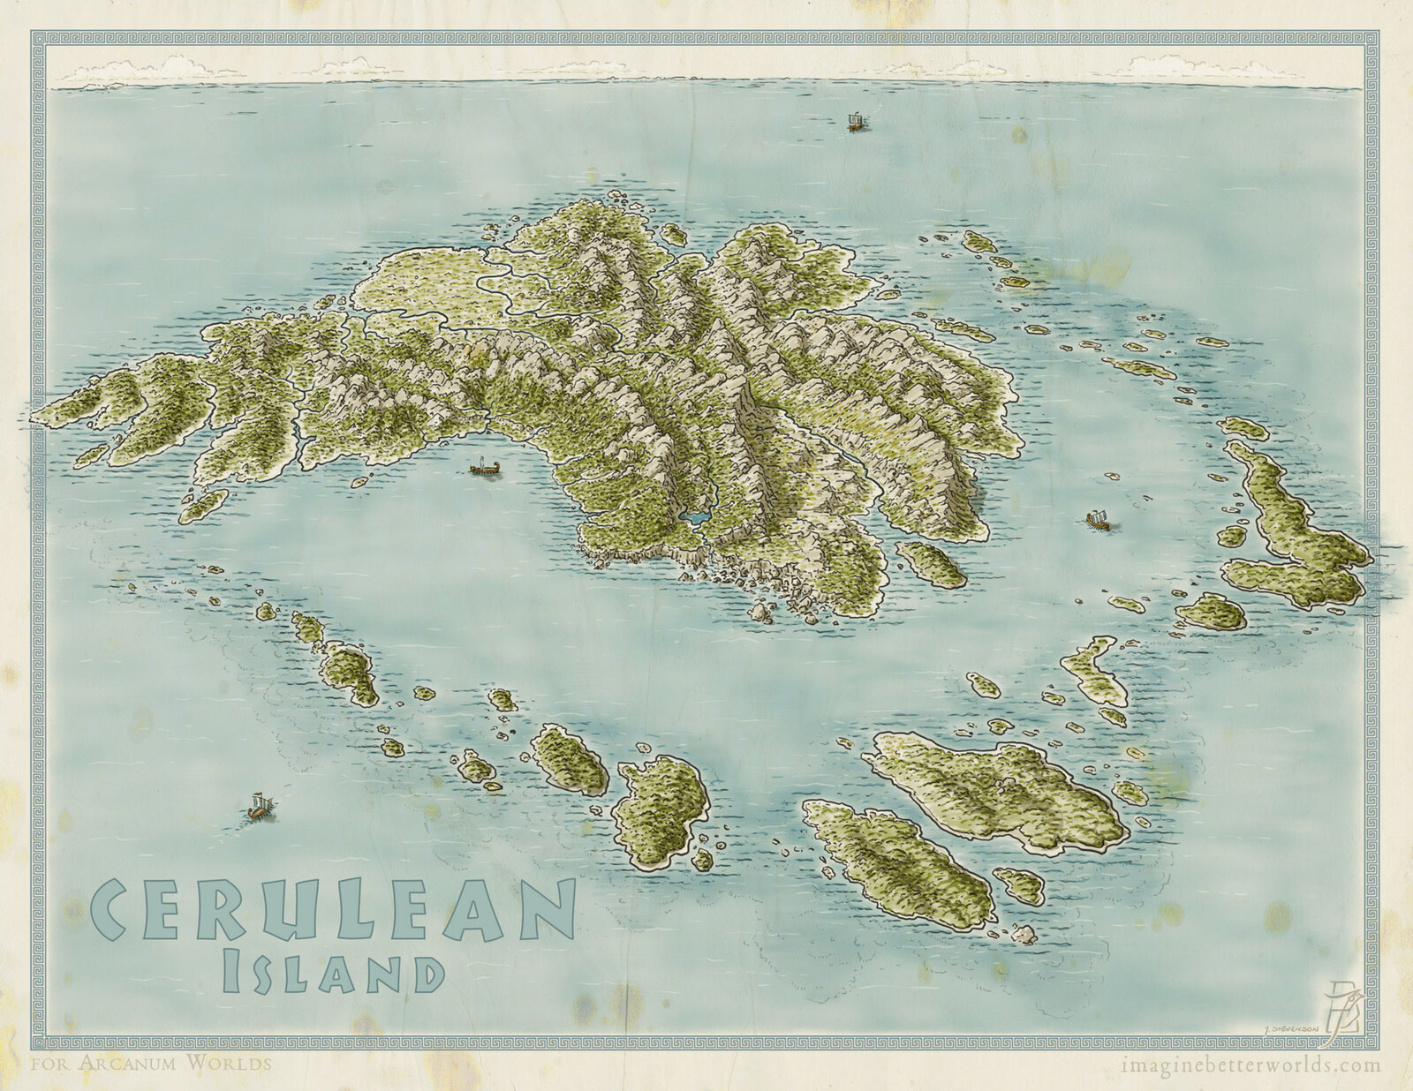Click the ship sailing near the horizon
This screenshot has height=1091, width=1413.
tap(855, 122)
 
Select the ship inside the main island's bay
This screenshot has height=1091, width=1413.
tap(482, 467)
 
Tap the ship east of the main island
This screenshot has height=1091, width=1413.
tap(1096, 521)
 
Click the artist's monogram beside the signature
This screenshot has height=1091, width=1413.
tap(1348, 1015)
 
